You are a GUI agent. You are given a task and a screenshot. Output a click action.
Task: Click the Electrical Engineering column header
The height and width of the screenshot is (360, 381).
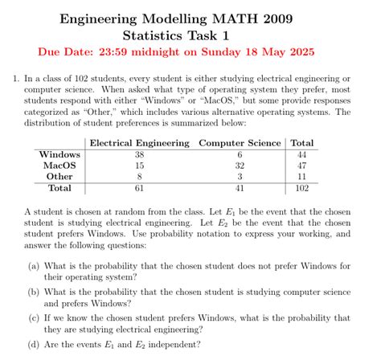[x=139, y=143]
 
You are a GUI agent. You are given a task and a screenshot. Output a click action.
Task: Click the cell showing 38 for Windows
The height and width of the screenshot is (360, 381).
[x=139, y=154]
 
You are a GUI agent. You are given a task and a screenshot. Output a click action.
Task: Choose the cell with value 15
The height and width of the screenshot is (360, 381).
[x=139, y=166]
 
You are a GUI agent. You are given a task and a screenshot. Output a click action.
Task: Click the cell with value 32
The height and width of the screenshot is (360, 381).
[x=240, y=166]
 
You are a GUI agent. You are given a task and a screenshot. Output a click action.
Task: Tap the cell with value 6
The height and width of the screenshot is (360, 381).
[x=240, y=154]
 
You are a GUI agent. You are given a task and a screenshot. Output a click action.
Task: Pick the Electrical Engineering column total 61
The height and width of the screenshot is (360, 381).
[x=139, y=189]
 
